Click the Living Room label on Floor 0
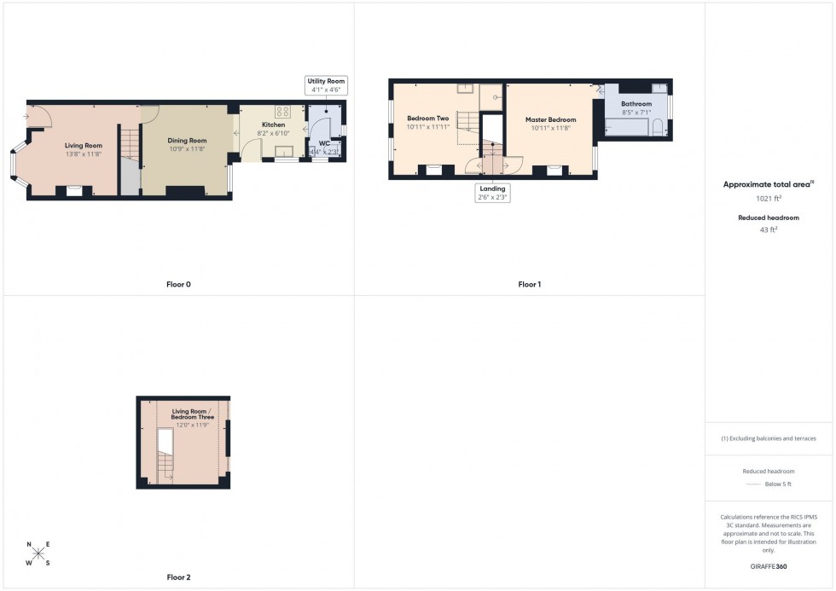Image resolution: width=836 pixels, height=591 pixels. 84,146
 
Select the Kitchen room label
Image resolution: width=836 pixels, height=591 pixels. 273,125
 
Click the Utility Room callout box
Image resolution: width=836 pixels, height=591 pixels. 326,85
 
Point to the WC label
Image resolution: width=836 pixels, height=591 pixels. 324,143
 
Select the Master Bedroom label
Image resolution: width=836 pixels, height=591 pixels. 550,119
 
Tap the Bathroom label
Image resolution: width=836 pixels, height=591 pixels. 636,104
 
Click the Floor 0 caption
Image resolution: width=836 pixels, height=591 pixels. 178,284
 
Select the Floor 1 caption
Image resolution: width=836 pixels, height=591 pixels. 529,284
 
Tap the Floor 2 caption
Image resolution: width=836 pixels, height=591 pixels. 178,577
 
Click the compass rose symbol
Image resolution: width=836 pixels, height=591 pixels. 38,553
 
